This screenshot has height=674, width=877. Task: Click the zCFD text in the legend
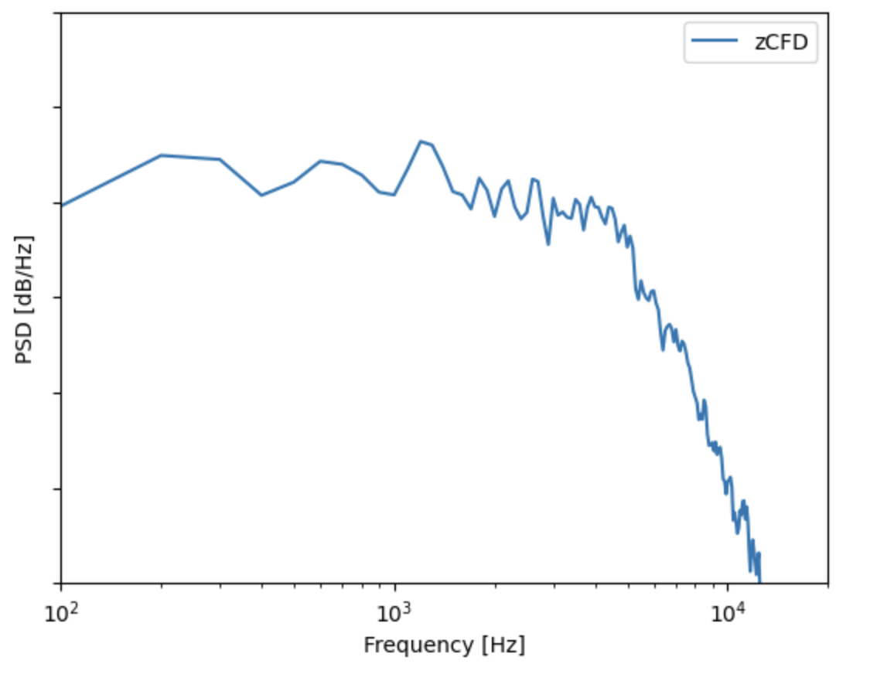pyautogui.click(x=781, y=43)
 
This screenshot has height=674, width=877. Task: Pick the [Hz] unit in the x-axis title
pyautogui.click(x=501, y=645)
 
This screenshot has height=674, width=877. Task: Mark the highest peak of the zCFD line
pyautogui.click(x=420, y=141)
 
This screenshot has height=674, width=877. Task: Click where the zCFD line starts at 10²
pyautogui.click(x=62, y=205)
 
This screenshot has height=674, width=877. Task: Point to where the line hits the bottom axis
pyautogui.click(x=759, y=582)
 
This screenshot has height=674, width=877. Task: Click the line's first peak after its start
pyautogui.click(x=161, y=155)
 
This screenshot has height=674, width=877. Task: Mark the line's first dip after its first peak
pyautogui.click(x=261, y=195)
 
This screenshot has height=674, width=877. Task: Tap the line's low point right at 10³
pyautogui.click(x=394, y=195)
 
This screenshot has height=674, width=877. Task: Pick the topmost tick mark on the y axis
pyautogui.click(x=58, y=13)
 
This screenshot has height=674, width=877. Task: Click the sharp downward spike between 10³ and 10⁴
pyautogui.click(x=548, y=244)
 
